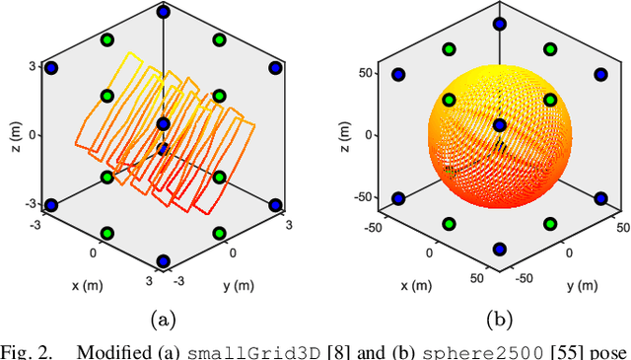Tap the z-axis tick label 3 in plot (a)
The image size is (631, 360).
[33, 67]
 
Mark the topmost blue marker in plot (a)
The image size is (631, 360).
[163, 14]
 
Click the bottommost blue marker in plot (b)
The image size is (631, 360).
[500, 249]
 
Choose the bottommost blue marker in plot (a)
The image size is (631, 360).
[163, 261]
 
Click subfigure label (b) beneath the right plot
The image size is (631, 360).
[499, 318]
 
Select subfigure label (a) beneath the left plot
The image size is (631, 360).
[163, 318]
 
